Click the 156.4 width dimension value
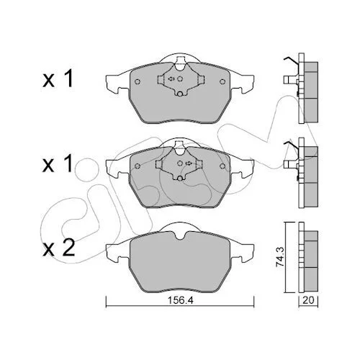[180, 300]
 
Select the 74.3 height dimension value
[280, 257]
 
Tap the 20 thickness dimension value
[308, 300]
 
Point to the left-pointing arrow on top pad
[171, 78]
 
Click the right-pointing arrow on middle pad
[189, 163]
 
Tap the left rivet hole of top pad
[138, 81]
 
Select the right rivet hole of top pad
[222, 81]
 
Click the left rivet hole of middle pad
[138, 166]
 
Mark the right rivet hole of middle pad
[222, 166]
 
